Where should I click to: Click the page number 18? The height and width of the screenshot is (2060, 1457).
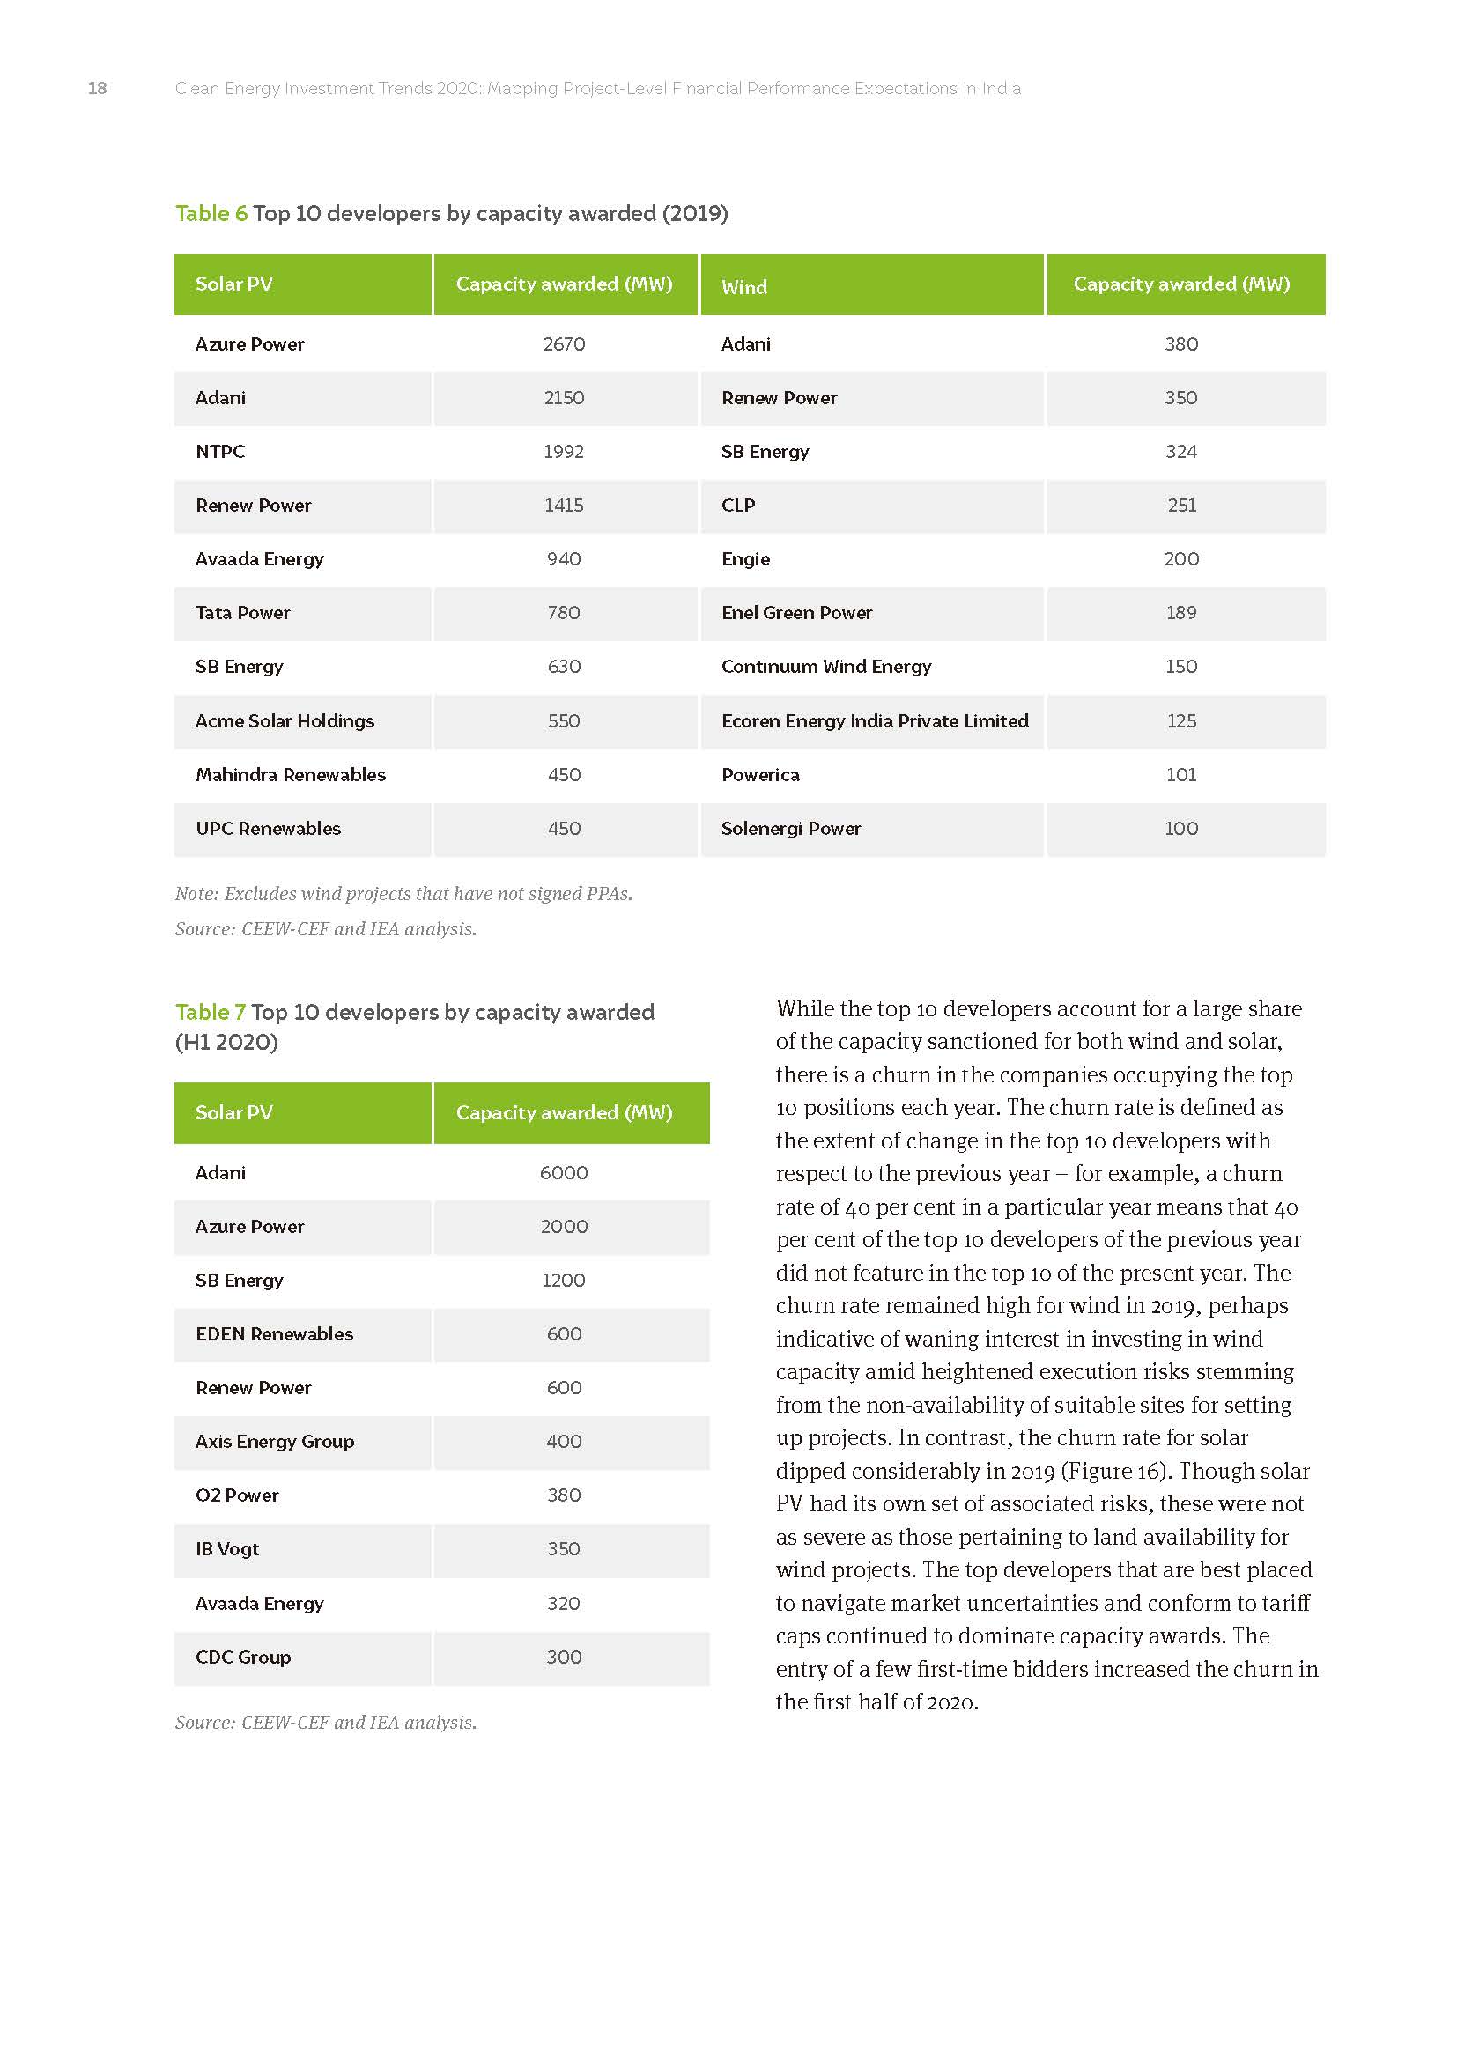(97, 88)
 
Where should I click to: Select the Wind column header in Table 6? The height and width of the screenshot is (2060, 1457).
(743, 287)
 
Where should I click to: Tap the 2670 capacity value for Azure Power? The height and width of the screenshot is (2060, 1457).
(564, 343)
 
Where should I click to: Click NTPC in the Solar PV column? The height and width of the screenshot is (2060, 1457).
(220, 451)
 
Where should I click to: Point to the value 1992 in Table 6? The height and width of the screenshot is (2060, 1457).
(564, 451)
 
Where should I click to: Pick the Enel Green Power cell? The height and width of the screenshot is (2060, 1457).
(795, 613)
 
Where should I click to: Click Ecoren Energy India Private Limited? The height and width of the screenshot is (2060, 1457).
(874, 720)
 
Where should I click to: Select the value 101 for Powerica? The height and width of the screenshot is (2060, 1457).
(1180, 774)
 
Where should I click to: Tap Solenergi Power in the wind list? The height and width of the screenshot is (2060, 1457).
(790, 828)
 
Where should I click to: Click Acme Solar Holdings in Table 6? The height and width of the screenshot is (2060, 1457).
(285, 720)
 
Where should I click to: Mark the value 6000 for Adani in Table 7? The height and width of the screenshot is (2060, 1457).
(564, 1172)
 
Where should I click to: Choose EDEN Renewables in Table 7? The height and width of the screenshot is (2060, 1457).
(274, 1334)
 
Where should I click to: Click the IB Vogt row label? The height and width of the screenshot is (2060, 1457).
(227, 1549)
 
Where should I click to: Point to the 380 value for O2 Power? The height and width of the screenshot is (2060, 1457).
(564, 1495)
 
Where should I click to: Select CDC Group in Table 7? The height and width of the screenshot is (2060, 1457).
(242, 1658)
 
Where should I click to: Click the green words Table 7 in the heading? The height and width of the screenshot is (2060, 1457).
(210, 1012)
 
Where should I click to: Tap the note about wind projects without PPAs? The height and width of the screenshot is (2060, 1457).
(403, 894)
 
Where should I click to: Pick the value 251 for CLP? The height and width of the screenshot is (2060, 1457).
(1180, 506)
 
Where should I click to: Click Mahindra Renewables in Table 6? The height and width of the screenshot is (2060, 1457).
(290, 774)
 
